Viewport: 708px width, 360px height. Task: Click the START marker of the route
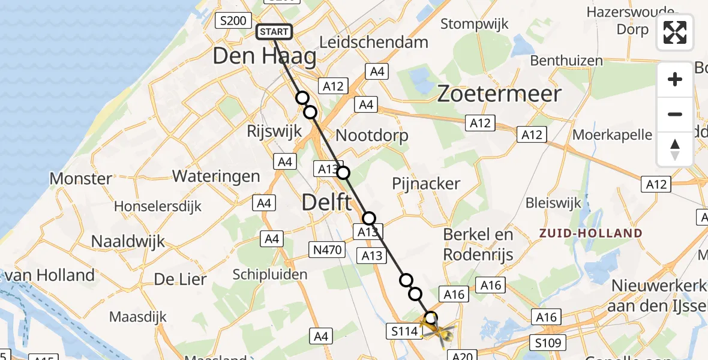click(x=274, y=32)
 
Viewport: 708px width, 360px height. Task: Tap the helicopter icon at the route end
click(x=437, y=329)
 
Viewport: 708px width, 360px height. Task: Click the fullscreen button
click(x=675, y=32)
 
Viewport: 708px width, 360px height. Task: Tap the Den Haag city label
click(x=264, y=57)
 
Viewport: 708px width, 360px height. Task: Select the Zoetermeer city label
click(x=499, y=94)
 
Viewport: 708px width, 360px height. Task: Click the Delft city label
click(x=326, y=202)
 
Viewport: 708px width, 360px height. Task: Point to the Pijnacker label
click(x=426, y=184)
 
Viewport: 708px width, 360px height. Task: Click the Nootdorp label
click(x=372, y=135)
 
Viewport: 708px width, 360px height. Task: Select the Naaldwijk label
click(x=128, y=241)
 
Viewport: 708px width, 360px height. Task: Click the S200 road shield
click(x=233, y=21)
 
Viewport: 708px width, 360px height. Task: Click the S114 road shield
click(x=403, y=331)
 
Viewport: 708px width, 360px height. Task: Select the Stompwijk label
click(x=475, y=24)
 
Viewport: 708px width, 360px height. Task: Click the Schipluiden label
click(x=270, y=275)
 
